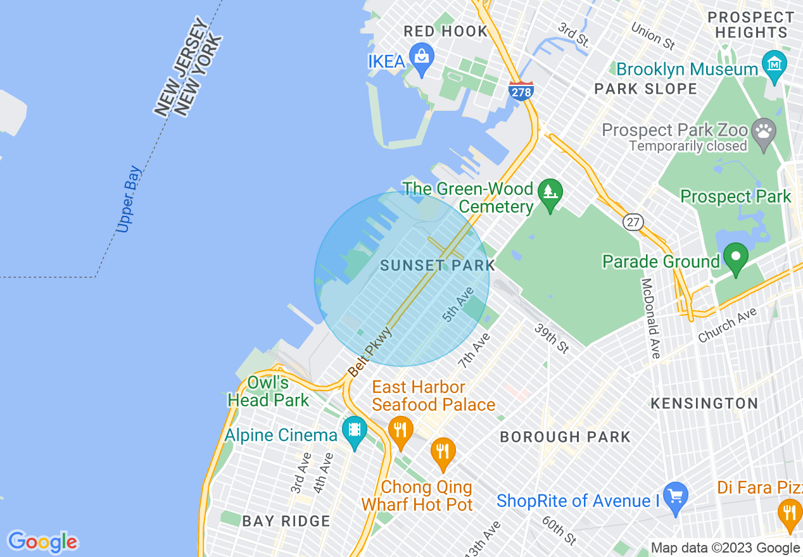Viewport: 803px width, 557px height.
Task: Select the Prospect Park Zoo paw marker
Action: (764, 133)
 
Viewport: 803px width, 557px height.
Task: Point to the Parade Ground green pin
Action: (736, 258)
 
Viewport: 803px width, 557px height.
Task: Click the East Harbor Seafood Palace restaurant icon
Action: (400, 431)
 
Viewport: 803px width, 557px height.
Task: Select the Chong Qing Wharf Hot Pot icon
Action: (443, 452)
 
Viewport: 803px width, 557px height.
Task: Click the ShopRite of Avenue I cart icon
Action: (675, 497)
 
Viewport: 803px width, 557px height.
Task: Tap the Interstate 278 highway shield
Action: (521, 91)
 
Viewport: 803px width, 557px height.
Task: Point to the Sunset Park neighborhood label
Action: (438, 265)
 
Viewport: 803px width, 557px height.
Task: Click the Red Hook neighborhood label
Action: (446, 31)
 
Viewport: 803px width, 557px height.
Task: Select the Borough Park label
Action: (565, 437)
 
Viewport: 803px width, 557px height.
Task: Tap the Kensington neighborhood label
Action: (704, 403)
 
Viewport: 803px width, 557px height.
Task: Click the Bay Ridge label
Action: (286, 521)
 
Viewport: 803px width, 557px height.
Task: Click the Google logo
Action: (42, 542)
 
